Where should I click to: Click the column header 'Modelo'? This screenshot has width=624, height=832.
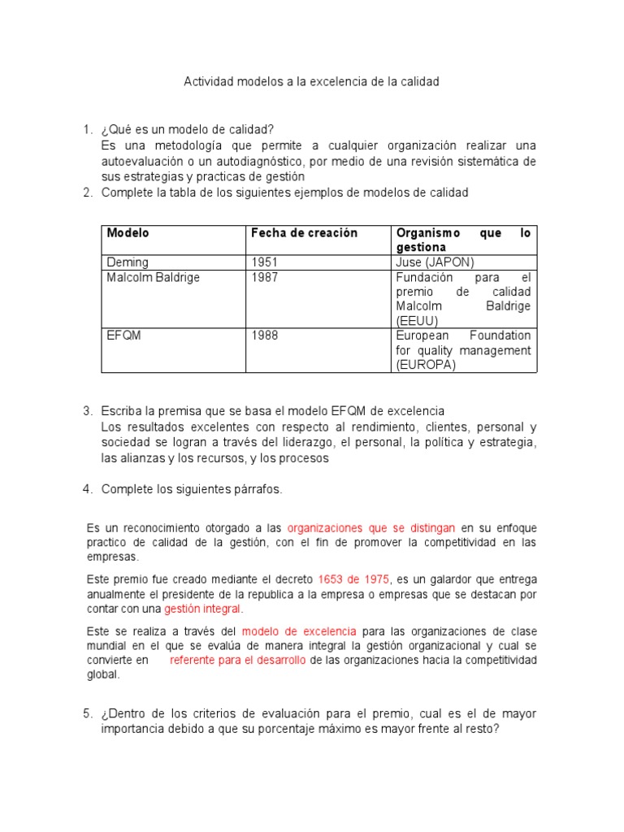pos(128,232)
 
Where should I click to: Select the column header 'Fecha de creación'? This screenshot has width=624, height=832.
pos(304,232)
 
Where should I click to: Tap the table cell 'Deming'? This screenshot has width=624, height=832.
pos(128,262)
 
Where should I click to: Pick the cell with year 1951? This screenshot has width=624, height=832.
pos(264,262)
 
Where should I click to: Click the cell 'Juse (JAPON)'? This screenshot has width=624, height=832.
pos(435,262)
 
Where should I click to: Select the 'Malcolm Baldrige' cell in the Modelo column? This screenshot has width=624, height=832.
pos(154,277)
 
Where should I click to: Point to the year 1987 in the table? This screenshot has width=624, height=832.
pos(264,277)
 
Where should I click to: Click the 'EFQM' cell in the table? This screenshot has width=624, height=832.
pos(123,336)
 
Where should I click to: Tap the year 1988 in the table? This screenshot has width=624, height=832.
pos(264,336)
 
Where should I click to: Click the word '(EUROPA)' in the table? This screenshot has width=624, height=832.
pos(426,365)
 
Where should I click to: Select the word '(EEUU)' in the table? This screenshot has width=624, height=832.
pos(418,321)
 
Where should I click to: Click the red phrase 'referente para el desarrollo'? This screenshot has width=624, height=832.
pos(237,661)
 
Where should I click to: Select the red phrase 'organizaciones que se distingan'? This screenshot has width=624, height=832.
pos(371,527)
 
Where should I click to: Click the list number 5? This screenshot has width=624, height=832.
pos(88,714)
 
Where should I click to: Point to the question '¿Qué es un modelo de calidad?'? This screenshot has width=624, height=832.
pos(188,129)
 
